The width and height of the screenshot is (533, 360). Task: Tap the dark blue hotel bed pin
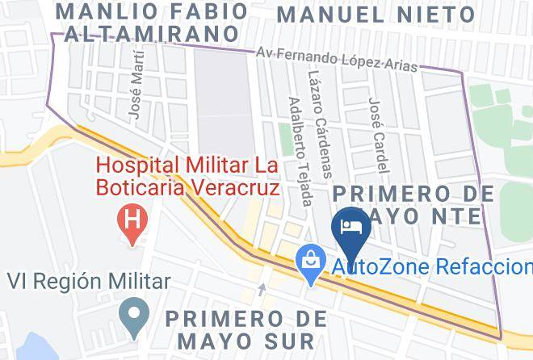pos(351,224)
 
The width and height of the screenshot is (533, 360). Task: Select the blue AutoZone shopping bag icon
pos(309,260)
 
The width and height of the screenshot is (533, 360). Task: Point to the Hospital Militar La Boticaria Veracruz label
pos(187,177)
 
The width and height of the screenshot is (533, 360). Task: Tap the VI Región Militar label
pos(89,282)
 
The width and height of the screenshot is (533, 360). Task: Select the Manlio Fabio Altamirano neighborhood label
pos(153,23)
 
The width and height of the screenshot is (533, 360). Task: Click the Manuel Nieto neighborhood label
pos(376,14)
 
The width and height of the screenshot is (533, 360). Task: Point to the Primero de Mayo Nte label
pos(414,204)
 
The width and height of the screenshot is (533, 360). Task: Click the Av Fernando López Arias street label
pos(338,61)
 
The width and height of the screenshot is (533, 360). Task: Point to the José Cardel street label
pos(377,136)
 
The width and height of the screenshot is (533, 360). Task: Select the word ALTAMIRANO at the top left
pos(153,33)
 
